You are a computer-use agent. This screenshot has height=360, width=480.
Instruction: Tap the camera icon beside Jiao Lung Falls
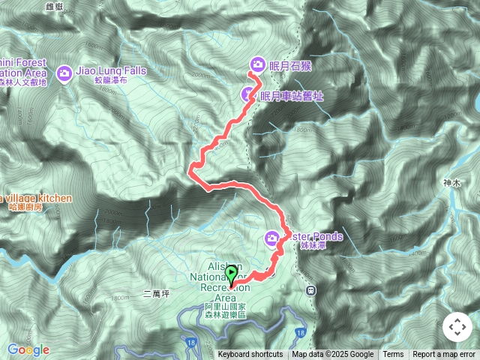pos(64,72)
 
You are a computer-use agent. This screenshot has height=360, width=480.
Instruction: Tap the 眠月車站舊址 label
pos(292,95)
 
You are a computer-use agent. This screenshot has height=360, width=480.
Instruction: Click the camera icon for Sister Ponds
pos(272,238)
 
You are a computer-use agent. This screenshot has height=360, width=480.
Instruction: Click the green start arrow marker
pos(232,275)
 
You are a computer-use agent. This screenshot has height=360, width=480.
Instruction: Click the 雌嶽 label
pos(76,6)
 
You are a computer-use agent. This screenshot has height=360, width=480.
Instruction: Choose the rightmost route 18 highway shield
pos(300,331)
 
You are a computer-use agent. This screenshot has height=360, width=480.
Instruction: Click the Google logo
pos(28,349)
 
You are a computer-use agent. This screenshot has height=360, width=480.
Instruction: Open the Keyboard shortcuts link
pos(250,355)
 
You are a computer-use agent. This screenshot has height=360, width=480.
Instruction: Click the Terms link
pos(393,355)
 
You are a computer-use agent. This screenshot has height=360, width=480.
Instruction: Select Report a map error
pos(445,355)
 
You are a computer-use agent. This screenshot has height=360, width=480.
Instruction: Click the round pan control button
pos(457,327)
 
